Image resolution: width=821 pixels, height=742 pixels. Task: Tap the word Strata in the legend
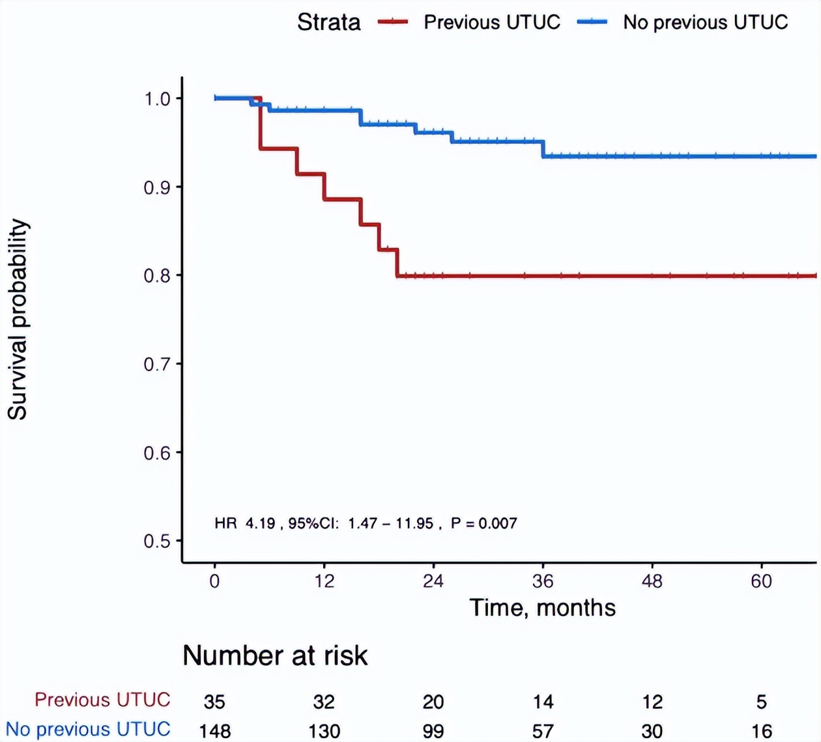click(328, 22)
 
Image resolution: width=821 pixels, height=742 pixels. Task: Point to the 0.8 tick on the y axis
click(157, 276)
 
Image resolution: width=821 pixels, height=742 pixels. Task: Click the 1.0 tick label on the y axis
click(157, 99)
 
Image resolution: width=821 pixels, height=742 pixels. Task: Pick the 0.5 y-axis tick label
click(157, 542)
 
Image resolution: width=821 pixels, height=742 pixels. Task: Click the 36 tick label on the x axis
click(543, 581)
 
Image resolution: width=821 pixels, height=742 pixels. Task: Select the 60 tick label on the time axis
click(761, 581)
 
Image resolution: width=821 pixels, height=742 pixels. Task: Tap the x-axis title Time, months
click(542, 608)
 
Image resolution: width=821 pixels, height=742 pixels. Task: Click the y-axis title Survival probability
click(18, 319)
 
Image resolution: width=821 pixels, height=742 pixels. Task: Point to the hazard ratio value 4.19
click(260, 523)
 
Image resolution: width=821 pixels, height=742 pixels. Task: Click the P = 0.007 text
click(483, 523)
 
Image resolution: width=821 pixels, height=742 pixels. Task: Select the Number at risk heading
click(275, 655)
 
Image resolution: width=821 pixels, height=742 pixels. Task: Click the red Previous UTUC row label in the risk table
click(102, 700)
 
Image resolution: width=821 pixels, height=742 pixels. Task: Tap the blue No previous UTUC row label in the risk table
click(88, 730)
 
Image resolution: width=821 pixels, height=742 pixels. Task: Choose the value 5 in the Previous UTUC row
click(761, 702)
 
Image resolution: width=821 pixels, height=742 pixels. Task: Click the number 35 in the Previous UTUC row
click(214, 702)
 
